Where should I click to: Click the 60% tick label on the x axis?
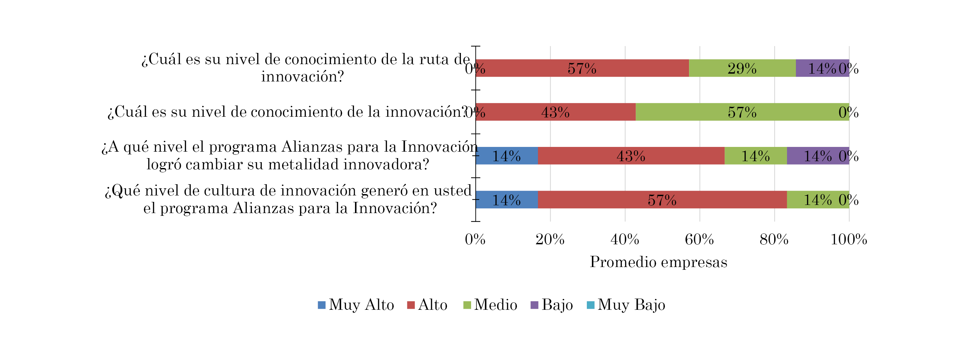699,240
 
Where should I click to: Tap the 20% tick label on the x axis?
549,240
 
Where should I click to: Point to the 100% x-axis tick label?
849,240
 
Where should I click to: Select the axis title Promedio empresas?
658,262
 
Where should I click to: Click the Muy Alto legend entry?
355,305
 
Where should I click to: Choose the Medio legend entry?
490,305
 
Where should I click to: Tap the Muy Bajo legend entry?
626,305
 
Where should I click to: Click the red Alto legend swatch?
411,305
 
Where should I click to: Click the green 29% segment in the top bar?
742,68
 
